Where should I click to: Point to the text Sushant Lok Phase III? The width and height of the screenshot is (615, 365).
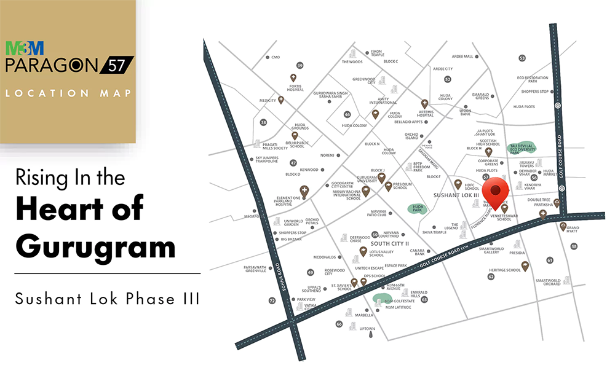point(107,300)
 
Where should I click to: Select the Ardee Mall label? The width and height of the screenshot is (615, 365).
point(462,56)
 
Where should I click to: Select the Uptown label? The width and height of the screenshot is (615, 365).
point(367,329)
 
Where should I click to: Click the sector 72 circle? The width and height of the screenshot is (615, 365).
point(272,301)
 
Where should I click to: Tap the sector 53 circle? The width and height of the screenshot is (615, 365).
point(522,58)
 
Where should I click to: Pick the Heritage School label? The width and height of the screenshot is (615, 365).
point(505,270)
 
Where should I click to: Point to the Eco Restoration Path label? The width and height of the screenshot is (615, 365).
point(533,79)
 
